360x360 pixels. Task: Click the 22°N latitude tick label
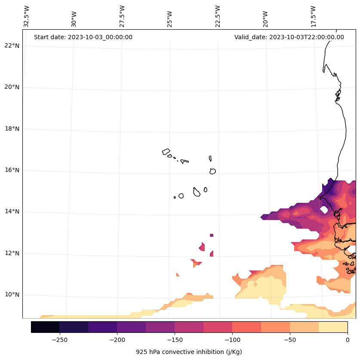(x=12, y=46)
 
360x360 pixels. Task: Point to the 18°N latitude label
(x=12, y=129)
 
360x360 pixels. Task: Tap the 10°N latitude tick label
(x=12, y=295)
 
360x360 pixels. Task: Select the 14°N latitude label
(x=12, y=212)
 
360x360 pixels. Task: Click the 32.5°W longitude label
(x=27, y=16)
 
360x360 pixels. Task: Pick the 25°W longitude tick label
(x=170, y=16)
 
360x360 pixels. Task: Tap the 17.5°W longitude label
(x=313, y=16)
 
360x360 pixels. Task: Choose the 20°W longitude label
(x=265, y=16)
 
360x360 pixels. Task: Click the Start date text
(x=83, y=37)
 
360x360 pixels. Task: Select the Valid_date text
(x=289, y=37)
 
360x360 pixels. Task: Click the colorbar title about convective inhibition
(x=189, y=352)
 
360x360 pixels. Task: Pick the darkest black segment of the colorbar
(x=45, y=327)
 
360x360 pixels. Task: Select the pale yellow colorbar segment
(x=333, y=327)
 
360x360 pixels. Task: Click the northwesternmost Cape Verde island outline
(x=166, y=152)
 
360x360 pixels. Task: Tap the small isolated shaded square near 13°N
(x=212, y=235)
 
